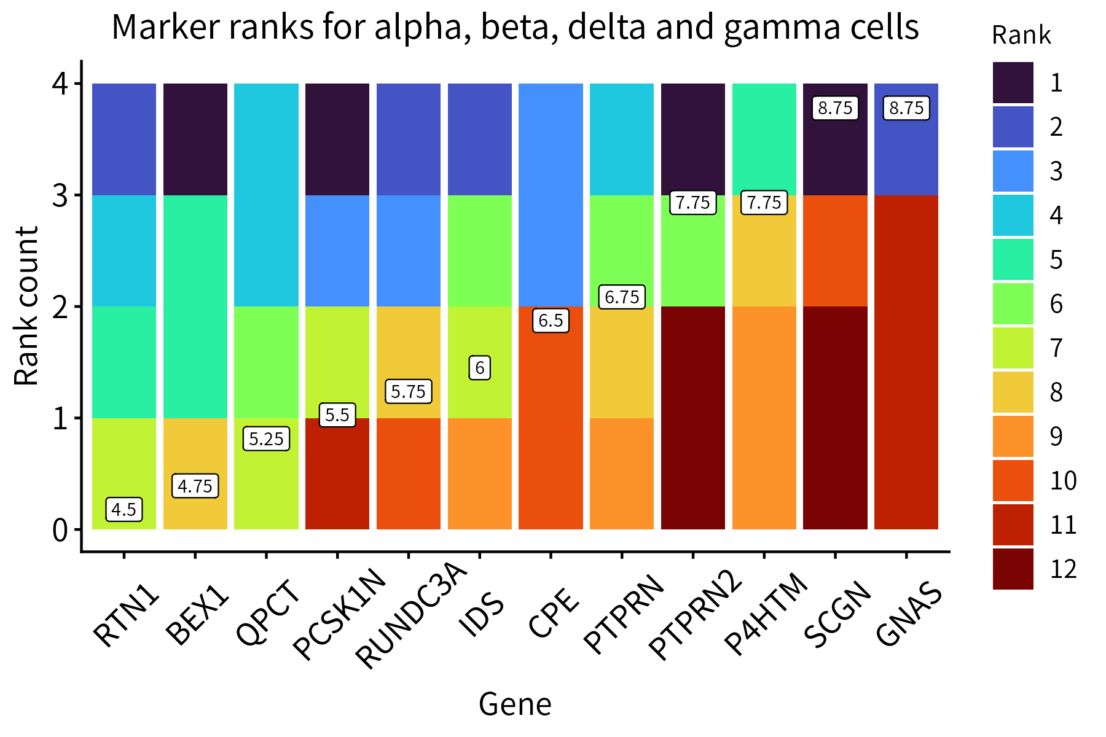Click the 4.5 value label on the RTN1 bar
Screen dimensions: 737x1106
pyautogui.click(x=124, y=509)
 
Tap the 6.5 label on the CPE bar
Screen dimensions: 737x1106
pyautogui.click(x=551, y=321)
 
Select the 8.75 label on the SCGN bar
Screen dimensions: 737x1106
pyautogui.click(x=835, y=108)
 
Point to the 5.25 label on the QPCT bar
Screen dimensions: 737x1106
pyautogui.click(x=266, y=439)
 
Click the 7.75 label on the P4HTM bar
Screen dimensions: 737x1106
pyautogui.click(x=764, y=202)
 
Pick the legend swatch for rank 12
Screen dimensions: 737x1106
pyautogui.click(x=1013, y=569)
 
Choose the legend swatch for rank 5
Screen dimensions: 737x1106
pyautogui.click(x=1013, y=260)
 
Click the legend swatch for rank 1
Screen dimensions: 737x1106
pyautogui.click(x=1013, y=83)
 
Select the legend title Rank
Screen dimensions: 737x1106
pyautogui.click(x=1021, y=36)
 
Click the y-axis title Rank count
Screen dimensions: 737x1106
pyautogui.click(x=27, y=306)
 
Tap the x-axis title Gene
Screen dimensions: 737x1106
pyautogui.click(x=515, y=704)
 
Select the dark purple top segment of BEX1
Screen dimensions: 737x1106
pyautogui.click(x=195, y=139)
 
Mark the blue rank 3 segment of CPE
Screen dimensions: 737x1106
pyautogui.click(x=551, y=195)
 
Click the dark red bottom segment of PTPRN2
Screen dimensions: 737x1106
pyautogui.click(x=692, y=418)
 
